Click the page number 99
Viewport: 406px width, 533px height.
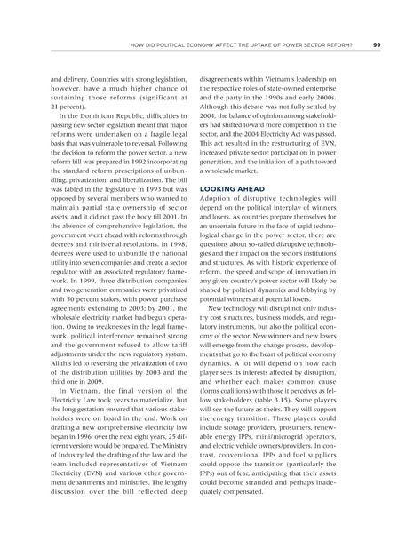pos(376,46)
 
